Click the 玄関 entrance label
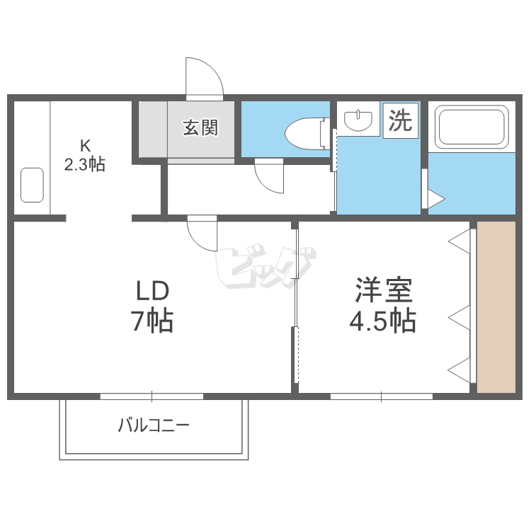click(x=200, y=128)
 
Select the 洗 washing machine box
click(x=401, y=121)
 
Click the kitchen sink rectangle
click(x=31, y=184)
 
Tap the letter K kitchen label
click(x=84, y=147)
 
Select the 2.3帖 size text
click(x=84, y=165)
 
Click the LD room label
click(x=153, y=292)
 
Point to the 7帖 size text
click(x=152, y=322)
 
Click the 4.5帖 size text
click(x=382, y=322)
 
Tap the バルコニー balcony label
click(x=154, y=426)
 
